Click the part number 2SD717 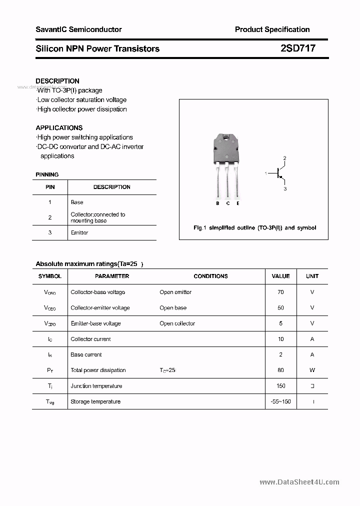click(x=298, y=48)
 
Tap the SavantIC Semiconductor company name click(x=78, y=29)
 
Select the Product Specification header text click(x=272, y=29)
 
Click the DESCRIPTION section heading click(x=57, y=81)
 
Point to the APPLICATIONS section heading click(x=59, y=128)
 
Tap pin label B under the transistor click(x=217, y=203)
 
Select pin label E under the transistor click(x=238, y=203)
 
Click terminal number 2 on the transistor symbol click(x=284, y=158)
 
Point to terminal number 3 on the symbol click(x=285, y=189)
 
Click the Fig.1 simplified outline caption click(x=254, y=228)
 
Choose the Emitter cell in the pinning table click(x=79, y=233)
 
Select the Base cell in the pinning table click(x=77, y=202)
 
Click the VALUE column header click(x=280, y=276)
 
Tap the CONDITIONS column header click(x=210, y=276)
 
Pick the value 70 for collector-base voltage click(x=280, y=292)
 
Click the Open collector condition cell click(x=177, y=323)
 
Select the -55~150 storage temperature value click(x=280, y=401)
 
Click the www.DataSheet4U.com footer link click(x=299, y=482)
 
